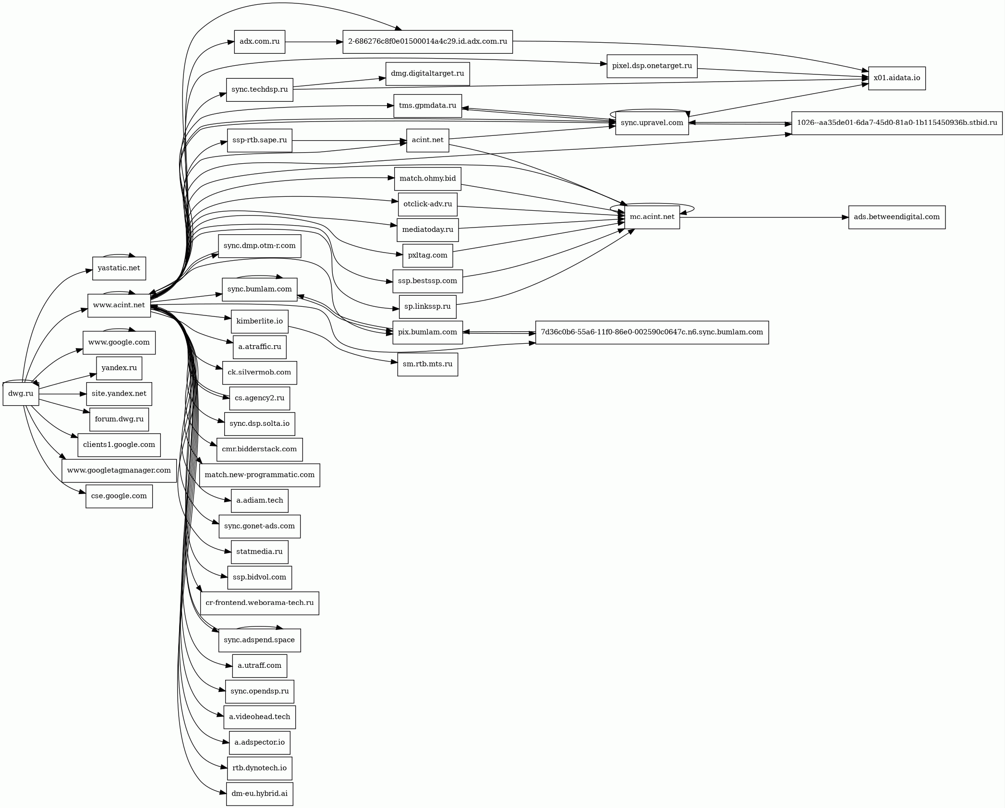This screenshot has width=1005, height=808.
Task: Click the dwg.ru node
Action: coord(21,394)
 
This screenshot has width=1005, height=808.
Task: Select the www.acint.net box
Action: coord(119,305)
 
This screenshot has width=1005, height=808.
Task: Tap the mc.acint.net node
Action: coord(652,217)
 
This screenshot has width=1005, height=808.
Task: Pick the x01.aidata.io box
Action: coord(896,78)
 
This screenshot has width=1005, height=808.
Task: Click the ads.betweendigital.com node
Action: coord(896,217)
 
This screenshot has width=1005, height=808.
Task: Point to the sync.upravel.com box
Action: coord(652,123)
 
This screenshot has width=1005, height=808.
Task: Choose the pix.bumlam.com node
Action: coord(427,332)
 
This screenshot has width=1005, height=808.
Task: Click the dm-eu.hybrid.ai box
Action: coord(259,794)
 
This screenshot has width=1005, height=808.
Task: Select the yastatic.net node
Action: coord(119,268)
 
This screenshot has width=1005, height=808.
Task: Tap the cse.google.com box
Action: coord(119,496)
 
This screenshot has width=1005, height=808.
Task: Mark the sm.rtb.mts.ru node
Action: coord(427,364)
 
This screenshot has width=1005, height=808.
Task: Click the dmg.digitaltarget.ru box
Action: coord(427,74)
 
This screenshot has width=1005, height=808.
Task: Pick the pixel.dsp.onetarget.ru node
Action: coord(652,66)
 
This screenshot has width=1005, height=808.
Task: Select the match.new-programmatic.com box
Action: coord(259,475)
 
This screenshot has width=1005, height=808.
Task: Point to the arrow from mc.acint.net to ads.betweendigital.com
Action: coord(763,217)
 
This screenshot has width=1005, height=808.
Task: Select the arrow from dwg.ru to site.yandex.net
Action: coord(62,394)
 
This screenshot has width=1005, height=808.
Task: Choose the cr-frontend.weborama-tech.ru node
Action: coord(259,603)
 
